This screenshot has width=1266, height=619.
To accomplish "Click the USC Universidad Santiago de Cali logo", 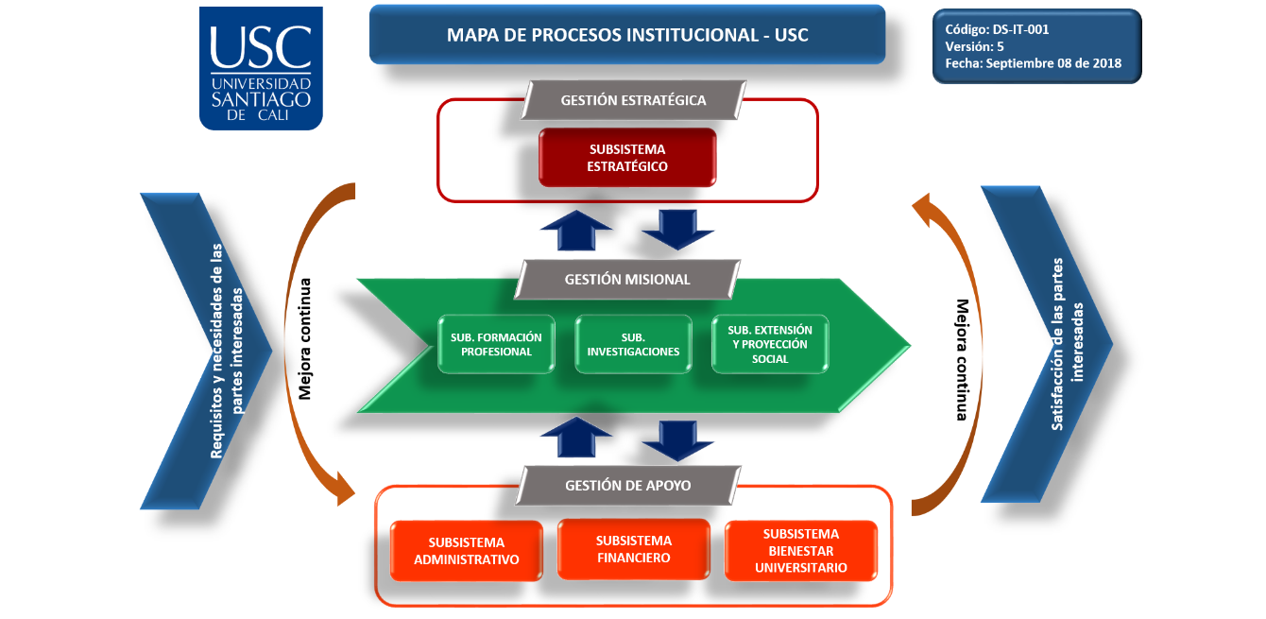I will pyautogui.click(x=261, y=68).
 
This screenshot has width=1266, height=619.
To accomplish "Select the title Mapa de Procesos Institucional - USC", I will pyautogui.click(x=627, y=35).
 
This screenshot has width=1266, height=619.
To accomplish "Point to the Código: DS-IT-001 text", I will pyautogui.click(x=997, y=29).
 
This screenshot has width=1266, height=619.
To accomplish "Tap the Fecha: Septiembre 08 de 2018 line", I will pyautogui.click(x=1034, y=63).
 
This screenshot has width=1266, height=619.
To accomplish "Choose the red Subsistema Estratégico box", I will pyautogui.click(x=627, y=157).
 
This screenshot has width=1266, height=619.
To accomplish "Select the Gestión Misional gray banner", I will pyautogui.click(x=627, y=279).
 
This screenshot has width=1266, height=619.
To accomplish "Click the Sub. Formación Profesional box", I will pyautogui.click(x=496, y=344).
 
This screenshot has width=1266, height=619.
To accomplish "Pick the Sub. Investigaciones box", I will pyautogui.click(x=633, y=344).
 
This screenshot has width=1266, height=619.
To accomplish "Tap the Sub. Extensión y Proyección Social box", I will pyautogui.click(x=770, y=344).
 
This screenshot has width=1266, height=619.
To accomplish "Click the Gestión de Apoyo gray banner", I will pyautogui.click(x=627, y=485).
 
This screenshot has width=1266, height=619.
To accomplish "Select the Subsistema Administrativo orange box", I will pyautogui.click(x=467, y=551).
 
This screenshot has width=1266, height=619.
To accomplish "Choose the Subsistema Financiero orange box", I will pyautogui.click(x=633, y=549).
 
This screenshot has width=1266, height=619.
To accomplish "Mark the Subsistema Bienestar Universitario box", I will pyautogui.click(x=800, y=551).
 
